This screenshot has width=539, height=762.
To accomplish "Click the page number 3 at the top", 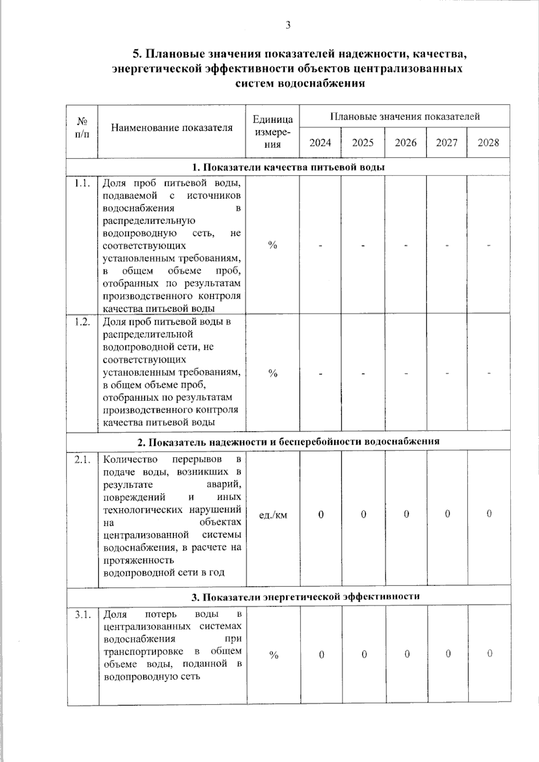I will point(288,25).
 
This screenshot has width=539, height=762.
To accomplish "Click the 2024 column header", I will point(320,143).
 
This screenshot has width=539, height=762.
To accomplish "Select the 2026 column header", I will point(405,143).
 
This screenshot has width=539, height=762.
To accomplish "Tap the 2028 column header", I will point(488,143).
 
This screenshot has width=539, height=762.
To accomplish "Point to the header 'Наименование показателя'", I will point(172,128).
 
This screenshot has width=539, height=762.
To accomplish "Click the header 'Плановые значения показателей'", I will point(405,117).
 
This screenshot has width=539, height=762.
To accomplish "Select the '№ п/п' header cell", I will point(82,128).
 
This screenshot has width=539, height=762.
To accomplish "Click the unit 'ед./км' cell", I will point(273,515).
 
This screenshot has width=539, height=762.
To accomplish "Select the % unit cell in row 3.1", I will point(273,655).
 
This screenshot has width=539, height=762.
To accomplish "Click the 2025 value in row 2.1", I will point(363,514).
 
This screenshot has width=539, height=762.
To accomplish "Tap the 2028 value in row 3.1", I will point(489,654).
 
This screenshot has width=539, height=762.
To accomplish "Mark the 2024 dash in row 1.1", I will point(321,246).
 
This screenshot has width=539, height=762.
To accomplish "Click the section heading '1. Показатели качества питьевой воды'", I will point(288,167).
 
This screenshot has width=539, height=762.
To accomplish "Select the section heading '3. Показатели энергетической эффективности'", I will point(305,597).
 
